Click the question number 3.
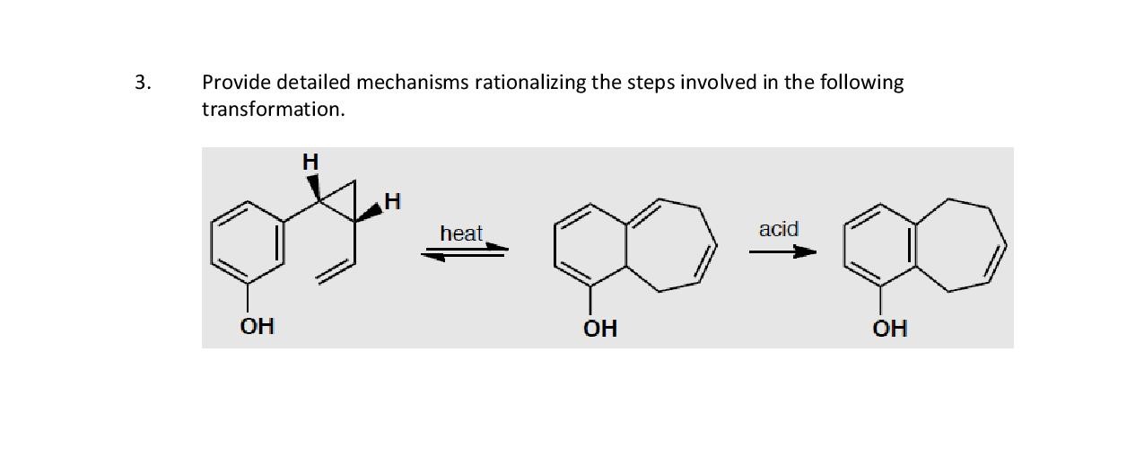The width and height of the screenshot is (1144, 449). pyautogui.click(x=143, y=84)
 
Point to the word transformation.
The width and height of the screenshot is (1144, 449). pyautogui.click(x=273, y=110)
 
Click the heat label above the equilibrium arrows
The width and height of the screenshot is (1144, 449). pyautogui.click(x=461, y=233)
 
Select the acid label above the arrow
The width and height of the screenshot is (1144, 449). pyautogui.click(x=778, y=229)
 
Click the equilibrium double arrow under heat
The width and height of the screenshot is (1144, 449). pyautogui.click(x=466, y=252)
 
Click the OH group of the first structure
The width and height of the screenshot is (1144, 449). pyautogui.click(x=257, y=325)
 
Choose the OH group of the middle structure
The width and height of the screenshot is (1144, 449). pyautogui.click(x=600, y=329)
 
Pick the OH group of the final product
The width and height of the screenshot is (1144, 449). pyautogui.click(x=890, y=329)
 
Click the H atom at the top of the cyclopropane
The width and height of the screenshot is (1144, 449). pyautogui.click(x=310, y=162)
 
